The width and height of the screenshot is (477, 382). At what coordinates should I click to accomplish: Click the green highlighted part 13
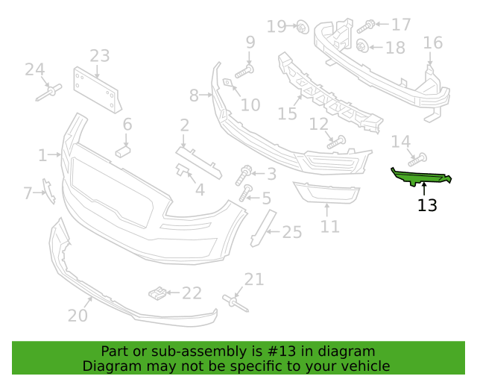tap(421, 178)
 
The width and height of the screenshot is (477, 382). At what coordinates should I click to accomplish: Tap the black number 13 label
tap(427, 206)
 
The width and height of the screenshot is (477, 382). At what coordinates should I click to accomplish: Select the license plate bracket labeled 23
tap(98, 90)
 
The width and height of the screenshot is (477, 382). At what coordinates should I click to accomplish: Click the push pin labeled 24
tap(49, 93)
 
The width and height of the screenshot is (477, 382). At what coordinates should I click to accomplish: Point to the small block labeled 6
tap(123, 151)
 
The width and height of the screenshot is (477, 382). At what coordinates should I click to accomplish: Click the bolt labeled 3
tap(243, 175)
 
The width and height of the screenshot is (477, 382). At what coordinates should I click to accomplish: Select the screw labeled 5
tap(246, 192)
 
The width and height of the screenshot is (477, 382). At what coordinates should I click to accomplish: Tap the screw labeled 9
tap(244, 72)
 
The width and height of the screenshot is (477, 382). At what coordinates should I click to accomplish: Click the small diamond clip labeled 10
tap(227, 82)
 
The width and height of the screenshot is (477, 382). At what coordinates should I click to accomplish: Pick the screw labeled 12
tap(336, 143)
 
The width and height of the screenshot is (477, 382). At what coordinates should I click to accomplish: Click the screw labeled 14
tap(417, 160)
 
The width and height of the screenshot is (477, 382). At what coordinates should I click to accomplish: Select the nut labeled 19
tap(303, 28)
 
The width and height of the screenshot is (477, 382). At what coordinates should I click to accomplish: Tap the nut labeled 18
tap(362, 46)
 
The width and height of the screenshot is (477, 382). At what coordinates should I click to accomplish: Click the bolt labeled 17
tap(365, 27)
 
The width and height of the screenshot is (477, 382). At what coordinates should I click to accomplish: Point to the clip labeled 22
tap(157, 293)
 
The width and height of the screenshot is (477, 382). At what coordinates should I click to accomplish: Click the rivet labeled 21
tap(236, 304)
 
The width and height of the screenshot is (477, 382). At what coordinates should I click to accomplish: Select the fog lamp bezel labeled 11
tap(326, 192)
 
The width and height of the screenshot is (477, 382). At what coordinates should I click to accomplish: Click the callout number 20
tap(78, 315)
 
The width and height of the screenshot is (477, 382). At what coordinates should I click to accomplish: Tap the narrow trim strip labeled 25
tap(263, 228)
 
